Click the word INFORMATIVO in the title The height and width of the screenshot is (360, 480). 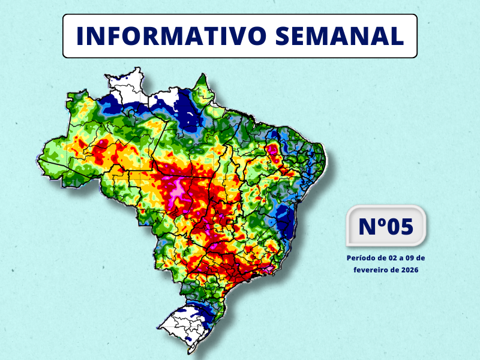click(x=171, y=36)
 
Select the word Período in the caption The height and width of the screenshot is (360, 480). click(x=361, y=257)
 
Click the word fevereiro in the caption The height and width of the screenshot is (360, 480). click(x=370, y=270)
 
